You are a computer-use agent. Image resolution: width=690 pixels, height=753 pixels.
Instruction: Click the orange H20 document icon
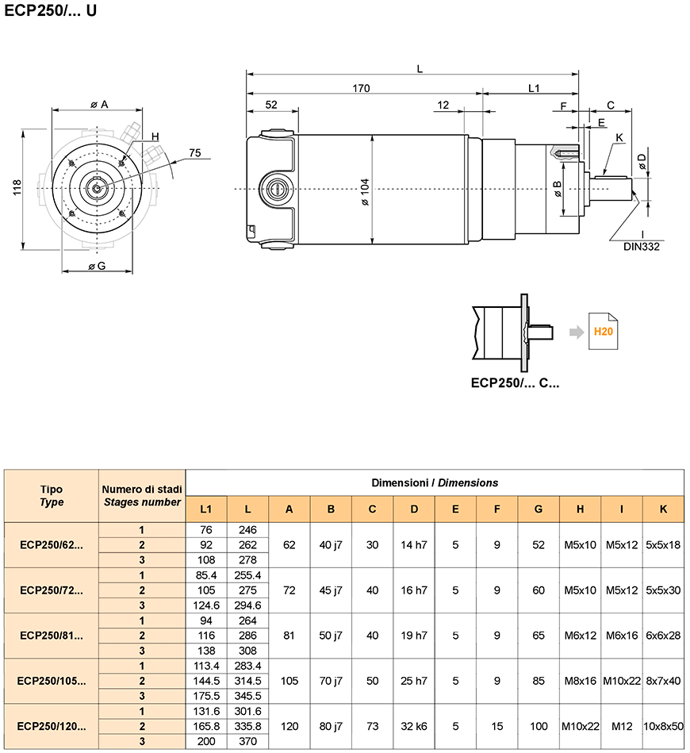[x=603, y=332]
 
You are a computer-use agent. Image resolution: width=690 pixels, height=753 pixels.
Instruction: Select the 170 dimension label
[x=361, y=88]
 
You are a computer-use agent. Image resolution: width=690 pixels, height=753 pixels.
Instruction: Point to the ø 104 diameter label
[x=365, y=192]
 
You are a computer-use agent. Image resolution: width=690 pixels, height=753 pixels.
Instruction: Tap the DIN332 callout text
[x=641, y=247]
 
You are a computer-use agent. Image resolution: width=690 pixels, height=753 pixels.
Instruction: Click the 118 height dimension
[x=17, y=187]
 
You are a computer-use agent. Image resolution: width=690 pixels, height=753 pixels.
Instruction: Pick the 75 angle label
[x=194, y=152]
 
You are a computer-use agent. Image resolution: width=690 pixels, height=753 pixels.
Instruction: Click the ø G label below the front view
[x=97, y=266]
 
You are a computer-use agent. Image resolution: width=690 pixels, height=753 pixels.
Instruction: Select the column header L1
[x=206, y=509]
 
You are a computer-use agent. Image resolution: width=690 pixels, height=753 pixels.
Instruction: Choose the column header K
[x=663, y=509]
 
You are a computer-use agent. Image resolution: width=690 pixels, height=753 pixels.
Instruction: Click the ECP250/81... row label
[x=52, y=636]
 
